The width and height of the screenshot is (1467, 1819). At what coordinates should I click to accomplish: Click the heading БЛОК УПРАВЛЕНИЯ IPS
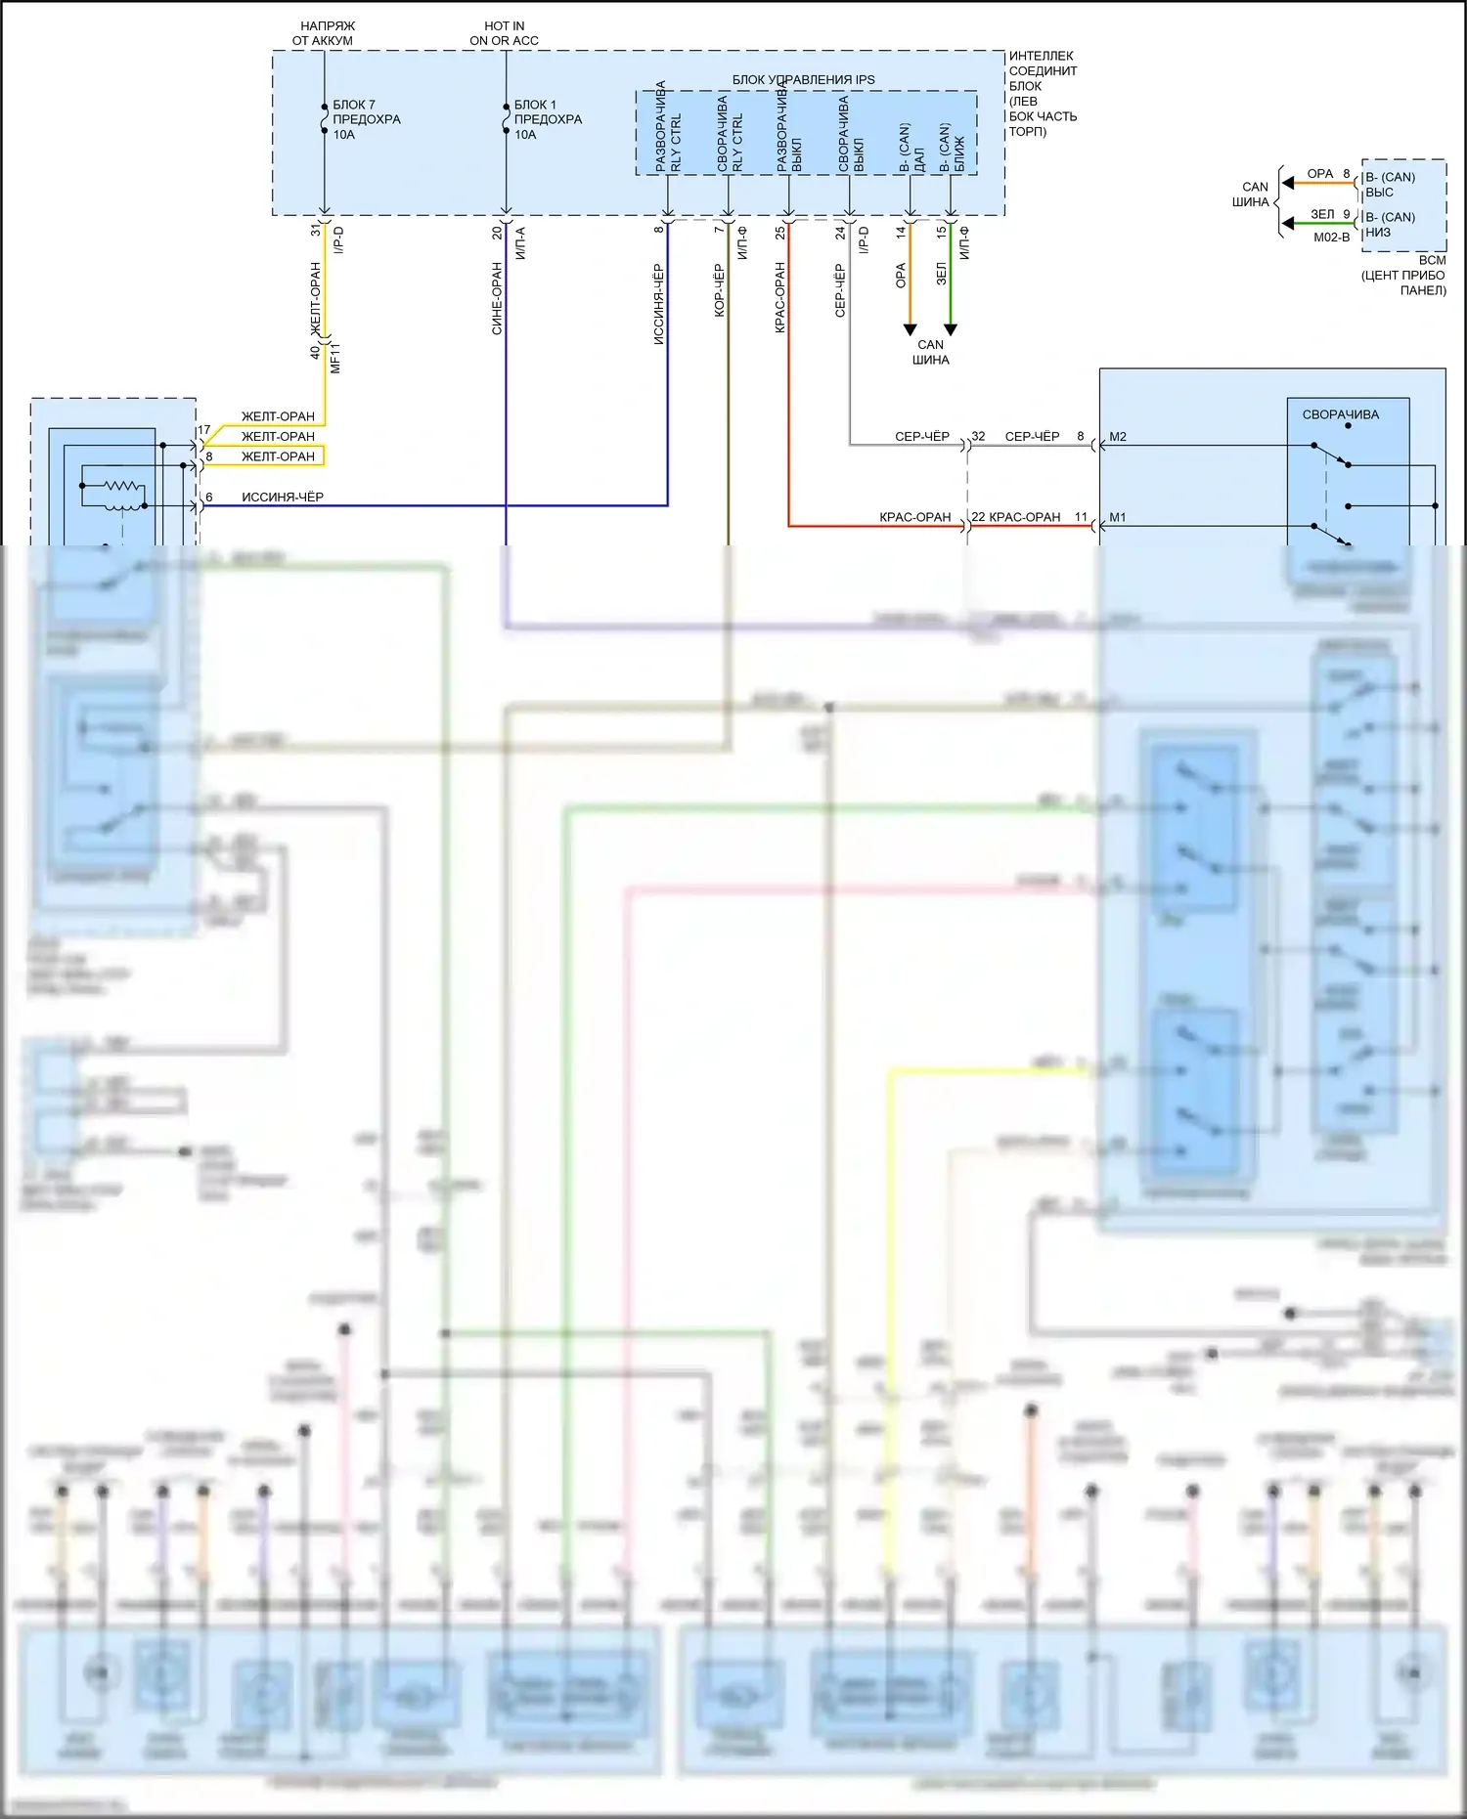[803, 79]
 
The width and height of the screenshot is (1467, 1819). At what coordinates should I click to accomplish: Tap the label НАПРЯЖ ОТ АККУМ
[324, 33]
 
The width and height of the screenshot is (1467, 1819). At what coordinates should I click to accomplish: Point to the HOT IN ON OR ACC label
[504, 33]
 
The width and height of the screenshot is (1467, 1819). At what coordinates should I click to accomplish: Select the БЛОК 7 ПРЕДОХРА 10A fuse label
[365, 119]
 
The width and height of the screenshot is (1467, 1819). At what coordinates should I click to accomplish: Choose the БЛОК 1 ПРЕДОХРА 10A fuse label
[547, 119]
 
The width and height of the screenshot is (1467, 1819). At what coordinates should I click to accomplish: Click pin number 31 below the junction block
[315, 231]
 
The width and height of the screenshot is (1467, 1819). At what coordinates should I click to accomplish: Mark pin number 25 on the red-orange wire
[779, 233]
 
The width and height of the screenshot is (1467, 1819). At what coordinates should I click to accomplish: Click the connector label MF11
[335, 358]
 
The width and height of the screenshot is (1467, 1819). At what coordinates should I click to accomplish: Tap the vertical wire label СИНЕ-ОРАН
[497, 298]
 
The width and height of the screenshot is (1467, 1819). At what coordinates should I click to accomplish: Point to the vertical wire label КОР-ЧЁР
[719, 290]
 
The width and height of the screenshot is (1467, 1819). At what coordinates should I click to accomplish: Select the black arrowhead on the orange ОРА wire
[910, 329]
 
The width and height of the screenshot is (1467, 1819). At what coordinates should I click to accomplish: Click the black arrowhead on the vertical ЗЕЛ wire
[950, 329]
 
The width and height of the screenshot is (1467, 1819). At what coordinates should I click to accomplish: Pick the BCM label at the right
[1432, 260]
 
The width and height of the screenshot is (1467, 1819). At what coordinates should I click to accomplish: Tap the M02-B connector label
[1331, 238]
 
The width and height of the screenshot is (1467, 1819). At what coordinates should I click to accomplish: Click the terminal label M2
[1118, 437]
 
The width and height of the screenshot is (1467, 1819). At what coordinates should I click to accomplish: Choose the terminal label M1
[1118, 517]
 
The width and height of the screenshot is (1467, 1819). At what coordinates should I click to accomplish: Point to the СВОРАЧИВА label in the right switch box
[1340, 414]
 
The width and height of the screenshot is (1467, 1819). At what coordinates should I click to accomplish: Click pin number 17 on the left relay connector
[204, 430]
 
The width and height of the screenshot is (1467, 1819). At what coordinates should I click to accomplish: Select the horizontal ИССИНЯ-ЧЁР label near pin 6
[282, 497]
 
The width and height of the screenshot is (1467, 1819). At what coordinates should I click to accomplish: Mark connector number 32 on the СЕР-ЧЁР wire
[978, 437]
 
